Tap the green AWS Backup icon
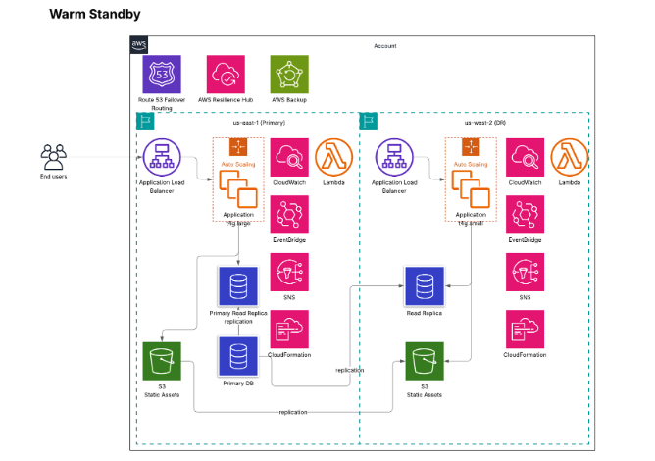pyautogui.click(x=289, y=75)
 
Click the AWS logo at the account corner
pyautogui.click(x=139, y=46)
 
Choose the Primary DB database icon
pyautogui.click(x=236, y=355)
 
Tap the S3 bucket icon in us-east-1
pyautogui.click(x=161, y=361)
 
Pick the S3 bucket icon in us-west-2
pyautogui.click(x=425, y=361)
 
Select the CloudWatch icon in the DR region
pyautogui.click(x=525, y=158)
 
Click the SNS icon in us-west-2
pyautogui.click(x=525, y=272)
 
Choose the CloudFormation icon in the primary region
pyautogui.click(x=289, y=330)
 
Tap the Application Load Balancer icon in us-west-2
pyautogui.click(x=394, y=158)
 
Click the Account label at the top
pyautogui.click(x=385, y=46)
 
